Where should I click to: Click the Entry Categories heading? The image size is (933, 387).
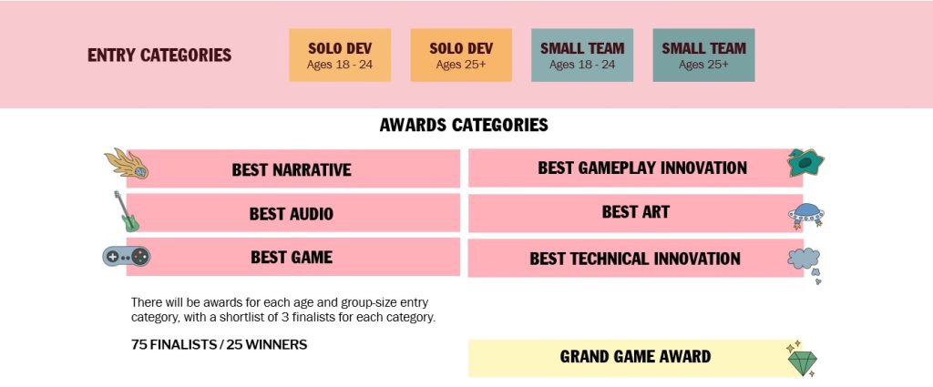159,56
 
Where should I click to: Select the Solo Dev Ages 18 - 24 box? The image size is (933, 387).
340,56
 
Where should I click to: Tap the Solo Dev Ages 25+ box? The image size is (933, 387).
461,56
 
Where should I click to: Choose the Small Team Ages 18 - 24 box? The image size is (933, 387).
582,56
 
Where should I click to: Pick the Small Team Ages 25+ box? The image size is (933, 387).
703,56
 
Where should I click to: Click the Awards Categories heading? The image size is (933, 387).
464,125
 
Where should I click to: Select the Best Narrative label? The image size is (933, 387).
292,169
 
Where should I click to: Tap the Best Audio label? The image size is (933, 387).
292,214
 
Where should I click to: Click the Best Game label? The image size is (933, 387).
292,257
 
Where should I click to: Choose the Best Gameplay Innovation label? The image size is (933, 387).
641,168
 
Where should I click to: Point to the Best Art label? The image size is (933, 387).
635,212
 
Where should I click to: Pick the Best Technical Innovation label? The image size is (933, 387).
635,259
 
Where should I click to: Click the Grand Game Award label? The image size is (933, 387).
635,357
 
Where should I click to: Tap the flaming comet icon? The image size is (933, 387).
127,164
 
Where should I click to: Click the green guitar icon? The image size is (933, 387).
126,212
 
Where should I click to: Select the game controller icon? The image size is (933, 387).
126,257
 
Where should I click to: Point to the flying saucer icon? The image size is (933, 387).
805,216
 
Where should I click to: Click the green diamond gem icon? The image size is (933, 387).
802,360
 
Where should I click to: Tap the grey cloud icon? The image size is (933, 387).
805,262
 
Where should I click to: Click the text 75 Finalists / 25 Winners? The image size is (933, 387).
219,344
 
